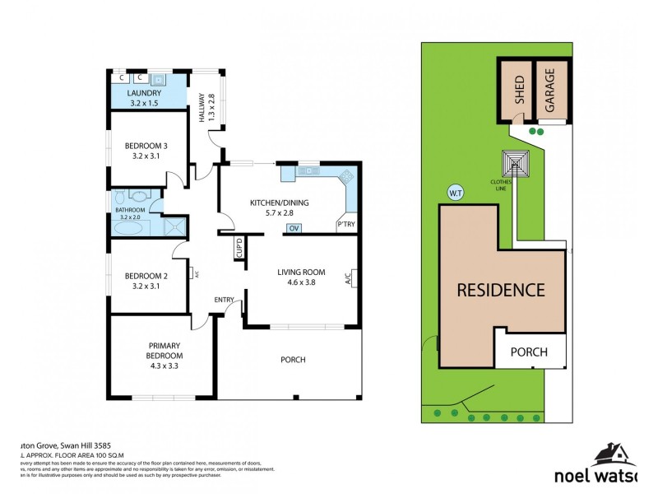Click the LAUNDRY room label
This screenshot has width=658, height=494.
coord(145,94)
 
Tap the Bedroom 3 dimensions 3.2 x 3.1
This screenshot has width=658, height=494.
coord(145,156)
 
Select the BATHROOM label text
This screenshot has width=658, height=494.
coord(130,211)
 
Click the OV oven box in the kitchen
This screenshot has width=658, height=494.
coord(293,228)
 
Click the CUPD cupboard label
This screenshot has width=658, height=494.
coord(239,248)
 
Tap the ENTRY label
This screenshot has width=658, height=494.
coord(224,299)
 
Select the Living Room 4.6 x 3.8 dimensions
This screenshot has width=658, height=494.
coord(301,282)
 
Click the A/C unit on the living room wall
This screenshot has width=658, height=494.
coord(349,278)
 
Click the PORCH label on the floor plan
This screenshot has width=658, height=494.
coord(293,359)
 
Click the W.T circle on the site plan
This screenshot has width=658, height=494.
coord(455,192)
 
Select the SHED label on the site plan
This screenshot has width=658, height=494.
coord(519,90)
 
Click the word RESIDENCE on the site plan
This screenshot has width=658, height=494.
coord(501,290)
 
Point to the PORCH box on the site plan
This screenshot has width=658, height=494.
coord(530,352)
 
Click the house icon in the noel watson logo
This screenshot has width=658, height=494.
coord(611,454)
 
